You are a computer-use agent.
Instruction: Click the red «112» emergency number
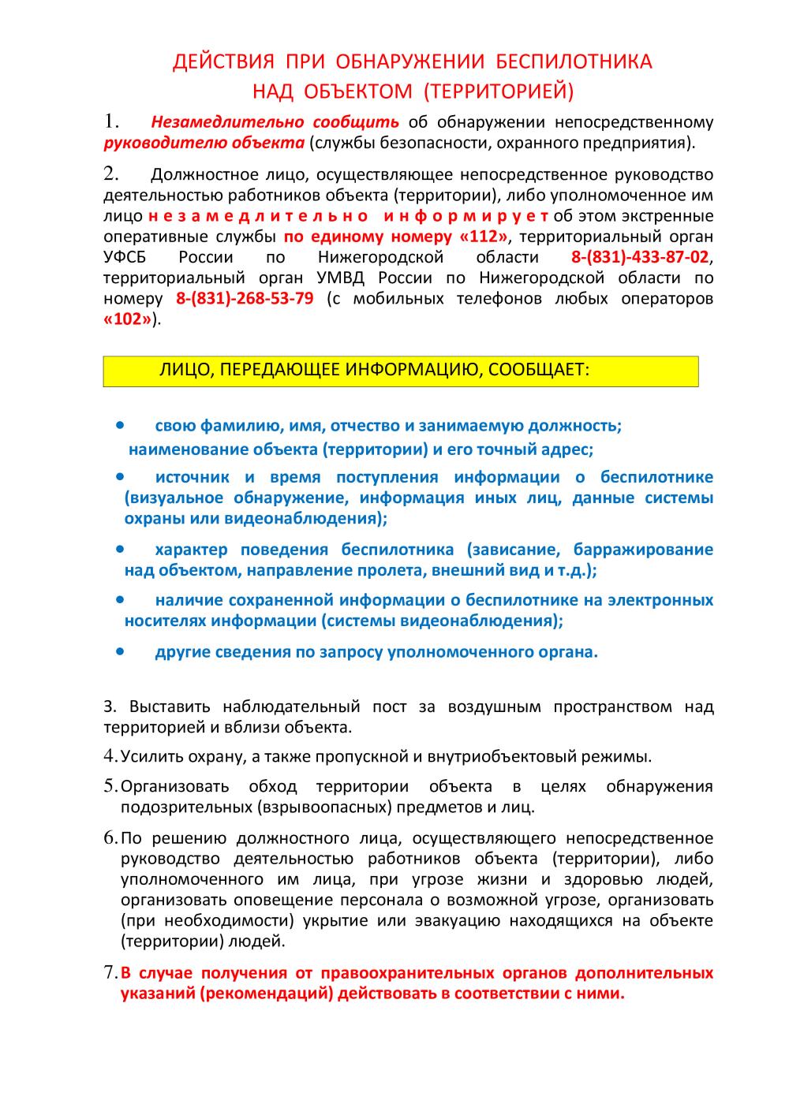[x=484, y=237]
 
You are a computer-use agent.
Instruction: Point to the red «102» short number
[x=127, y=319]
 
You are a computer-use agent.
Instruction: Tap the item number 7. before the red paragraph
[x=111, y=972]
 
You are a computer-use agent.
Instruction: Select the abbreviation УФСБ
[x=125, y=257]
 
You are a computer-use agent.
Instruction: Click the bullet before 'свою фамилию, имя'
[x=121, y=425]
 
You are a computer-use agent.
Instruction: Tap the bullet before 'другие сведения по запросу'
[x=121, y=652]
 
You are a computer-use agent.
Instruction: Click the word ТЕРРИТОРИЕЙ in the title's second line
[x=497, y=92]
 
